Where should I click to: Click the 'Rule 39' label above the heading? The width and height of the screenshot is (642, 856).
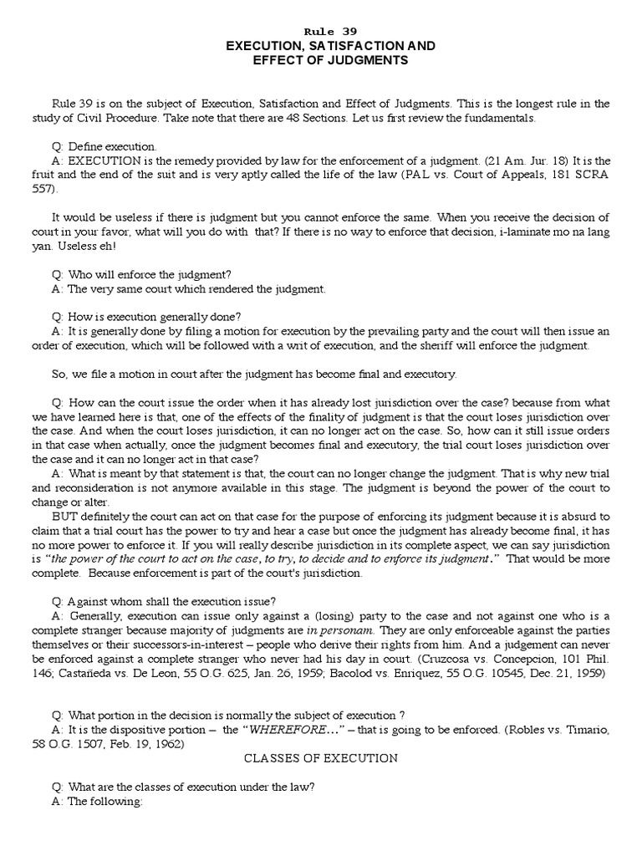[x=321, y=31]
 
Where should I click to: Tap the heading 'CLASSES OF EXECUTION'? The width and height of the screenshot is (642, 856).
[x=321, y=758]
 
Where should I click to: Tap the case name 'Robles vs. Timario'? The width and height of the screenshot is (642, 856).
[x=552, y=730]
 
